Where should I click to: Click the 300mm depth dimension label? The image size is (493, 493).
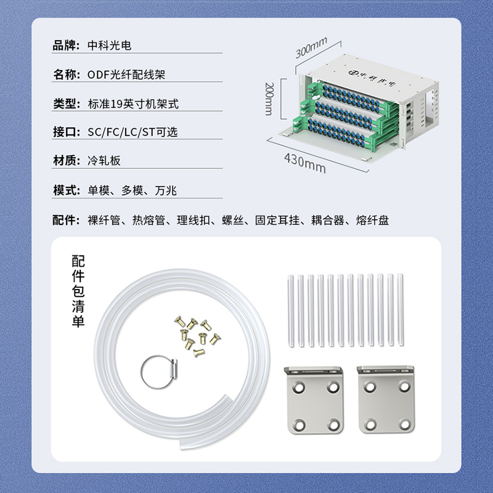click(x=311, y=47)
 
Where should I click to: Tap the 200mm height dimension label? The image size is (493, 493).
click(x=269, y=99)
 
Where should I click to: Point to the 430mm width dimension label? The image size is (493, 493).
click(x=305, y=163)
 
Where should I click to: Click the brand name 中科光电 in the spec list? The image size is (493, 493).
click(x=110, y=46)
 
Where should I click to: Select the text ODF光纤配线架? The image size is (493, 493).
click(x=126, y=75)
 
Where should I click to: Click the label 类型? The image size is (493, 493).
click(x=67, y=104)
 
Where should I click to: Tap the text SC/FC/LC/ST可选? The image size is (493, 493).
click(x=132, y=132)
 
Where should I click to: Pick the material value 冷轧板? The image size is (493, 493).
click(x=104, y=160)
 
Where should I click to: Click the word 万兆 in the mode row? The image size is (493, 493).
click(x=166, y=190)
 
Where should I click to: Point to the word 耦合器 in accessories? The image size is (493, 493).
click(x=328, y=220)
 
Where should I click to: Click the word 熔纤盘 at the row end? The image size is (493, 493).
click(x=373, y=220)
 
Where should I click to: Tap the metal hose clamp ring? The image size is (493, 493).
click(x=160, y=373)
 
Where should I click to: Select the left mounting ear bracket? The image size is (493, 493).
click(x=314, y=400)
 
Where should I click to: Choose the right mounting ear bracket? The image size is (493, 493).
click(x=386, y=399)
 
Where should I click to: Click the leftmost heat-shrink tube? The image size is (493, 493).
click(x=291, y=311)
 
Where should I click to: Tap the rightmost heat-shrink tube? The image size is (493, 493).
click(x=400, y=310)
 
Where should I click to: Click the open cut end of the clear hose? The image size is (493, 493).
click(x=182, y=444)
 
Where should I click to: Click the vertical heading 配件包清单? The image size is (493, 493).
click(x=78, y=291)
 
